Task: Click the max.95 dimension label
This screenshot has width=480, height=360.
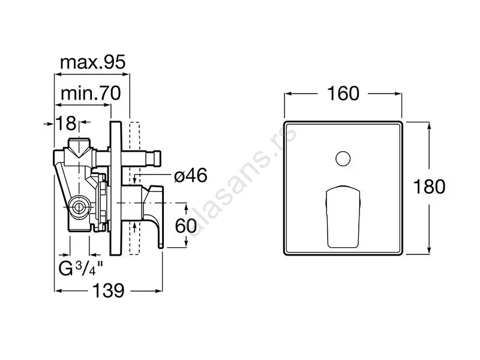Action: pyautogui.click(x=93, y=62)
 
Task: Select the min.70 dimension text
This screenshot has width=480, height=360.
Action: pyautogui.click(x=91, y=93)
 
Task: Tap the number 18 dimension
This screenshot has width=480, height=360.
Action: pyautogui.click(x=66, y=124)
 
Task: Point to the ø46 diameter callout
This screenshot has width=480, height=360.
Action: pyautogui.click(x=191, y=176)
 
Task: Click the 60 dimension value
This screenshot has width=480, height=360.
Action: pyautogui.click(x=186, y=226)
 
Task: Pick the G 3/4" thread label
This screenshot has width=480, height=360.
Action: pyautogui.click(x=80, y=268)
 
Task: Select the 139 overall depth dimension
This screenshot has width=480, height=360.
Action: pyautogui.click(x=109, y=290)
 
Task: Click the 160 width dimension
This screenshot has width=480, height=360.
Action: pyautogui.click(x=343, y=94)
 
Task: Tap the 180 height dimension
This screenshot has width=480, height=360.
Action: pyautogui.click(x=429, y=187)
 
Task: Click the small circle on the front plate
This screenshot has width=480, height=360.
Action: pyautogui.click(x=343, y=159)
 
